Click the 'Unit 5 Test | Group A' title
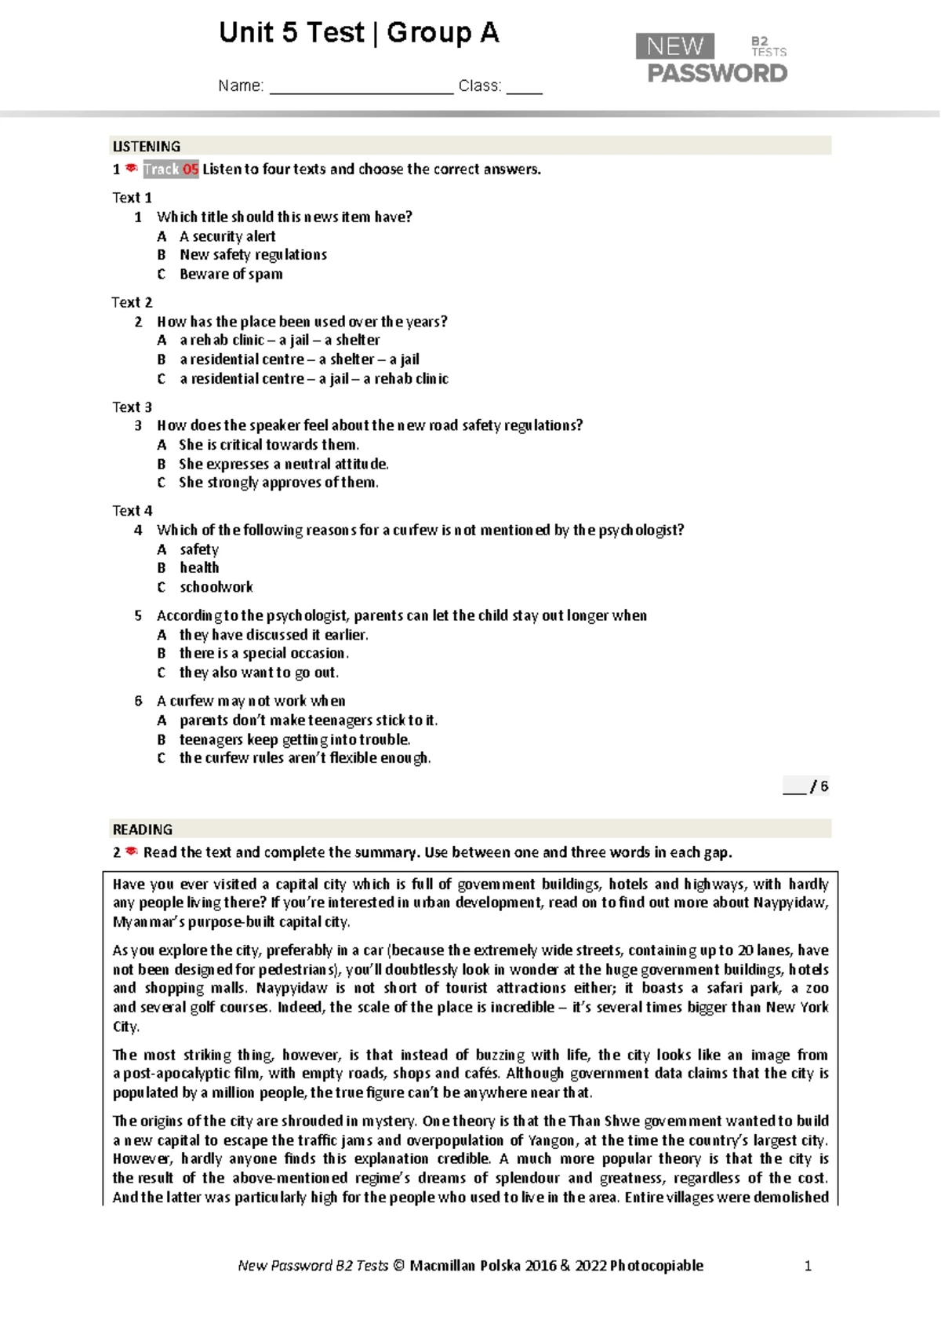[x=359, y=33]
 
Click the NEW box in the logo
[x=674, y=46]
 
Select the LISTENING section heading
[x=147, y=147]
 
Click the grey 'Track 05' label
[x=170, y=170]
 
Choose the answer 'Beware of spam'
[x=231, y=274]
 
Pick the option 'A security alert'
[x=227, y=236]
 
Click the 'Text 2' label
[x=132, y=302]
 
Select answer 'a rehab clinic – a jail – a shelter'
[x=279, y=340]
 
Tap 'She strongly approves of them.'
[x=278, y=483]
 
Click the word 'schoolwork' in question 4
[x=216, y=587]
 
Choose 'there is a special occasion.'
[x=263, y=653]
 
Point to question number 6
[x=138, y=701]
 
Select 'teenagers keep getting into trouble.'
[x=295, y=739]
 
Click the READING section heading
[x=143, y=830]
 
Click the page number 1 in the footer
[x=808, y=1265]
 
